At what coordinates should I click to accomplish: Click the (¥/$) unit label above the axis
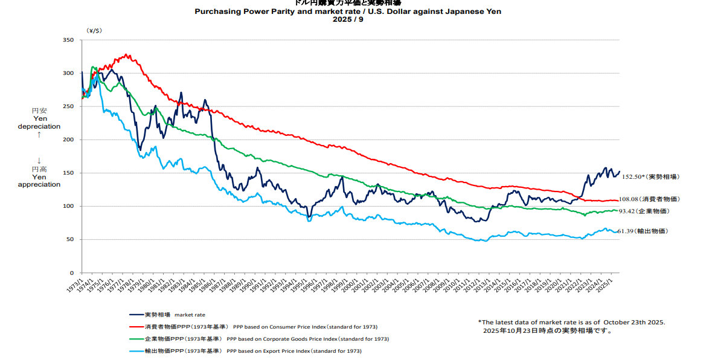click(95, 30)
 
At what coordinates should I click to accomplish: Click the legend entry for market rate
click(168, 315)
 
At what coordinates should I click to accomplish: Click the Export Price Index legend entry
click(252, 351)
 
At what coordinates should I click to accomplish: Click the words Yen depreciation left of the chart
click(39, 123)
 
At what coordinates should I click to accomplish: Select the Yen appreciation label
click(39, 181)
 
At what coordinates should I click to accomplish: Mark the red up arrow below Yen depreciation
click(39, 134)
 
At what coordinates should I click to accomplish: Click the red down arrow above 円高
click(39, 160)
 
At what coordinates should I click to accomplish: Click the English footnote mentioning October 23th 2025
click(571, 322)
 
